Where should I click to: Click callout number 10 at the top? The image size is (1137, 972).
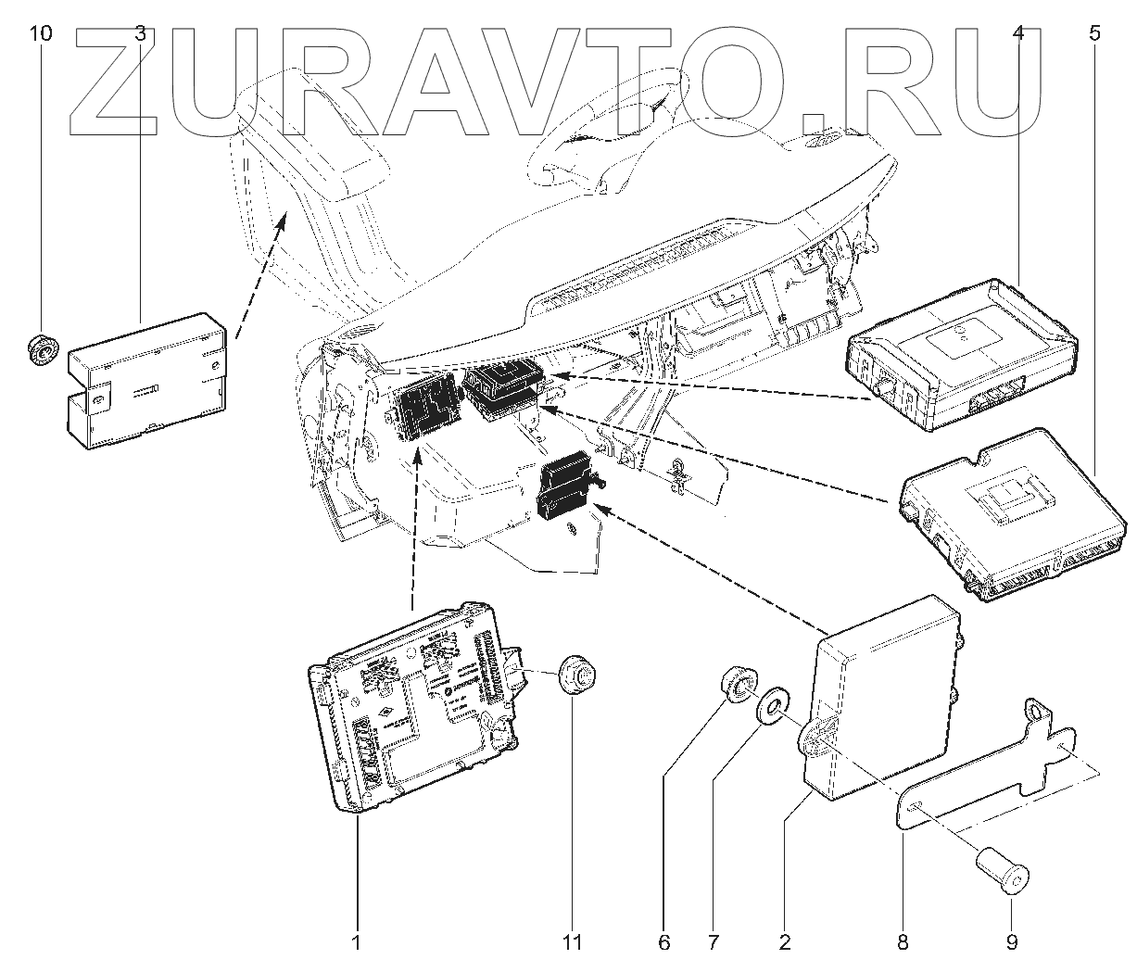(41, 35)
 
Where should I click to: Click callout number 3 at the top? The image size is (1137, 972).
(140, 35)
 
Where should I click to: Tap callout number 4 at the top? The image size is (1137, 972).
(1018, 35)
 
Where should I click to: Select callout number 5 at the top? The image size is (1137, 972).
(1095, 35)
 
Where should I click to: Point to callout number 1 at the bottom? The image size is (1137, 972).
(355, 943)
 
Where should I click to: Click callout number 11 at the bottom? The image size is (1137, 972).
(572, 943)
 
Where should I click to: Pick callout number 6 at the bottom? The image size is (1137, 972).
(663, 943)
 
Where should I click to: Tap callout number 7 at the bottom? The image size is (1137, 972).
(714, 943)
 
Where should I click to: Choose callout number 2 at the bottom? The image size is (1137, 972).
(785, 943)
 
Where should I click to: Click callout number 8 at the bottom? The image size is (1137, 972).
(903, 943)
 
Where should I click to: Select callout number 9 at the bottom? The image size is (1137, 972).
(1011, 943)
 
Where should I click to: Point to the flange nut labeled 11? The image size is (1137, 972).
(575, 675)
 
